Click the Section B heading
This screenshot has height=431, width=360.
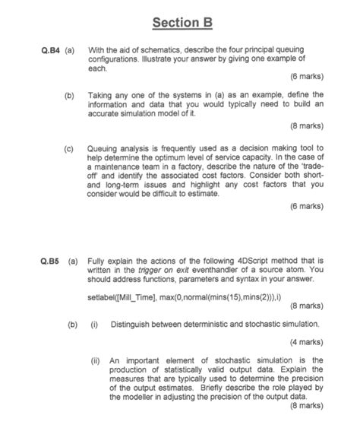(180, 24)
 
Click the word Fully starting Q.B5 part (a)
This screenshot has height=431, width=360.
(98, 259)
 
